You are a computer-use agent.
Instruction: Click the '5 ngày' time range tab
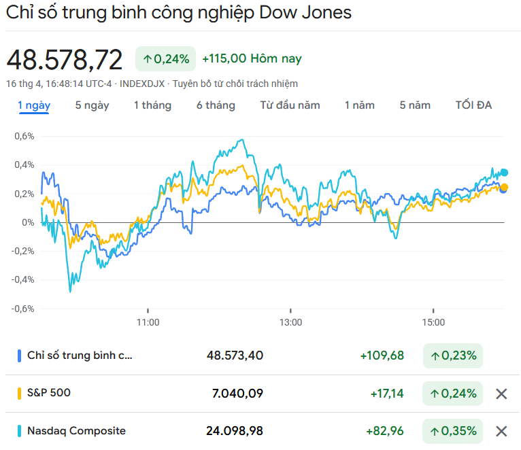pos(92,105)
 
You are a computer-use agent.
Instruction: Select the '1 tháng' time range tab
pos(152,105)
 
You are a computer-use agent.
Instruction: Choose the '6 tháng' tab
pos(216,105)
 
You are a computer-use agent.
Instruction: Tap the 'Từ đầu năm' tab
pos(290,105)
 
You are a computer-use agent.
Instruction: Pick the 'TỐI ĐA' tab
pos(473,105)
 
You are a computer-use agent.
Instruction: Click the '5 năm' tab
pos(415,105)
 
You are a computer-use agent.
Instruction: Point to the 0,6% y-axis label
pos(24,136)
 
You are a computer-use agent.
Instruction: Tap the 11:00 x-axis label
pos(148,322)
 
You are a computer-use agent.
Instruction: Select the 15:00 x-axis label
pos(433,322)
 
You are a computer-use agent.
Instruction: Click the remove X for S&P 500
pos(501,394)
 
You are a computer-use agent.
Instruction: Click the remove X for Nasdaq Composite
pos(501,431)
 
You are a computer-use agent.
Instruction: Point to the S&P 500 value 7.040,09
pos(235,393)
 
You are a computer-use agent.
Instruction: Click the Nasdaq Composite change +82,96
pos(384,431)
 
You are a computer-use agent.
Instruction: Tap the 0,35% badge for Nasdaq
pos(453,431)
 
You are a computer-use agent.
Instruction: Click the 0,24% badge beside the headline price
pos(166,59)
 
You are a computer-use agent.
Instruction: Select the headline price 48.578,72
pos(65,60)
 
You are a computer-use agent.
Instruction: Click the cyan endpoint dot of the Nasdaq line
pos(504,173)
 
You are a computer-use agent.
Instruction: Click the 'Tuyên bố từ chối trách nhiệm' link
pos(235,84)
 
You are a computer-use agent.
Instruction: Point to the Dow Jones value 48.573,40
pos(235,356)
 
